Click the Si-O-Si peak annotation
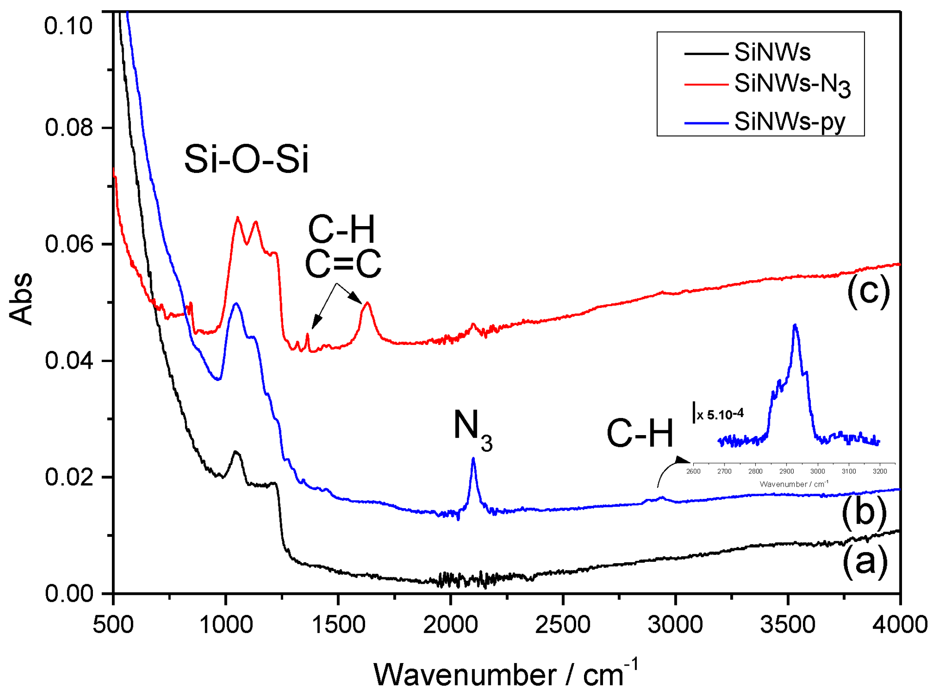pos(246,159)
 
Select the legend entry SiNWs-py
pos(789,122)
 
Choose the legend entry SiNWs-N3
pos(791,84)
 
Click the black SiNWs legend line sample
pos(706,54)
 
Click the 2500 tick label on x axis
pos(562,625)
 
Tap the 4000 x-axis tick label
pos(900,625)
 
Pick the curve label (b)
pos(864,512)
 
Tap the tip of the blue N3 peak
pos(473,459)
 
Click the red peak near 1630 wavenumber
pos(367,303)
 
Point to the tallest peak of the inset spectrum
pos(795,326)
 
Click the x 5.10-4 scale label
pos(719,414)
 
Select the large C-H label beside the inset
pos(640,433)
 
